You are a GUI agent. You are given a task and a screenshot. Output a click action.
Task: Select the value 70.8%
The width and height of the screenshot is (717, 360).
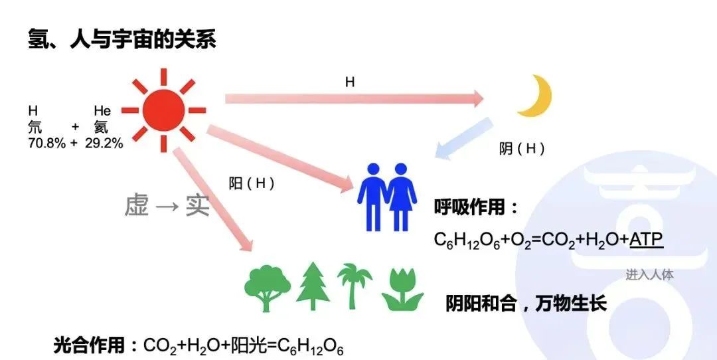46,143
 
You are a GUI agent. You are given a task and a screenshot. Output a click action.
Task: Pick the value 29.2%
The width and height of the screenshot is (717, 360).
104,143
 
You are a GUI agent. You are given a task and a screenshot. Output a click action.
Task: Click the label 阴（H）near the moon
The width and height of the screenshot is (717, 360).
522,149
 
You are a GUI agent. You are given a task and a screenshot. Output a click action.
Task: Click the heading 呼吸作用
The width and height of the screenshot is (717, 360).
476,207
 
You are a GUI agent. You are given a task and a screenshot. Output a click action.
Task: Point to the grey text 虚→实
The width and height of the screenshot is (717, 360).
167,206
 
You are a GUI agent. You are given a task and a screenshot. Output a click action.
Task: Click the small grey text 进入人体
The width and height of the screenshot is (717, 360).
649,274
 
